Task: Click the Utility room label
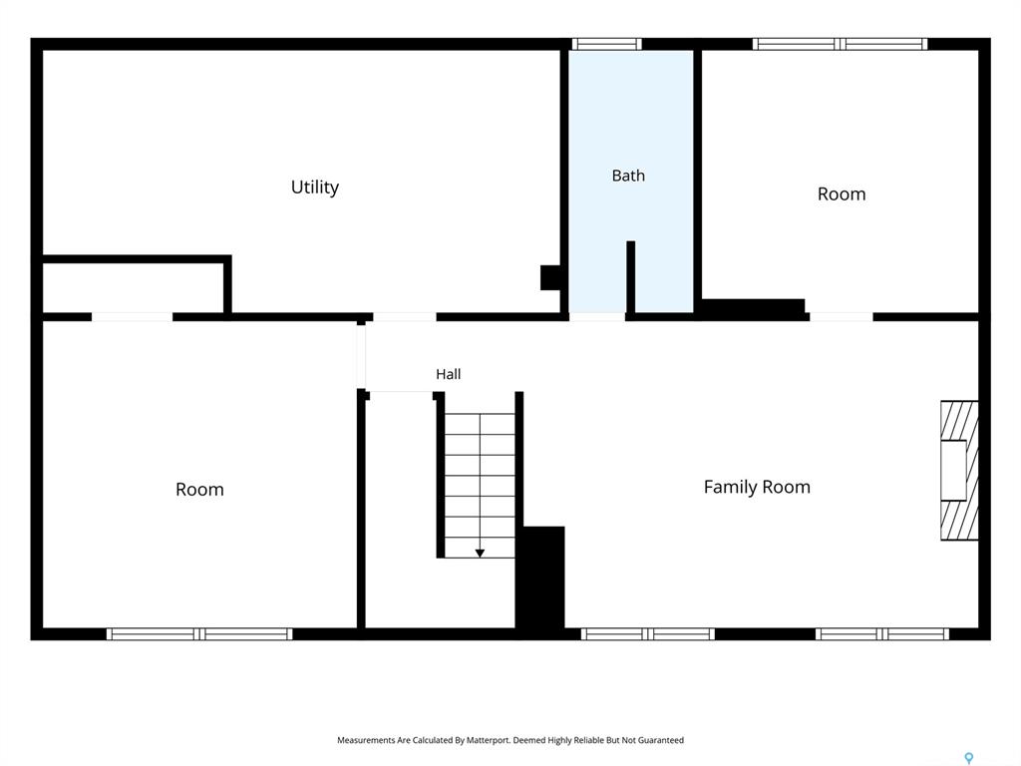[x=314, y=188]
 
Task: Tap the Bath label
[x=628, y=176]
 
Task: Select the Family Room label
[x=757, y=487]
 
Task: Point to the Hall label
[x=448, y=374]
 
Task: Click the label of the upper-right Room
[x=842, y=194]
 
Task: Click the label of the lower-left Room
[x=199, y=490]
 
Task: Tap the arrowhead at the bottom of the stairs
[x=480, y=554]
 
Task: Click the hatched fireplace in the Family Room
[x=959, y=471]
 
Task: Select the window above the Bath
[x=607, y=44]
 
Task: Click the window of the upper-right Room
[x=840, y=44]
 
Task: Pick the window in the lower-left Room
[x=199, y=633]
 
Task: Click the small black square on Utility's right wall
[x=550, y=277]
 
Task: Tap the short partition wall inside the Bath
[x=630, y=277]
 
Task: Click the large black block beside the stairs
[x=539, y=577]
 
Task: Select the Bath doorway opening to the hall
[x=597, y=317]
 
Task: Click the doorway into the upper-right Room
[x=842, y=317]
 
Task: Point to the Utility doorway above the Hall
[x=405, y=317]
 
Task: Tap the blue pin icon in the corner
[x=969, y=758]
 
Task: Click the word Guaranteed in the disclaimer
[x=661, y=740]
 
